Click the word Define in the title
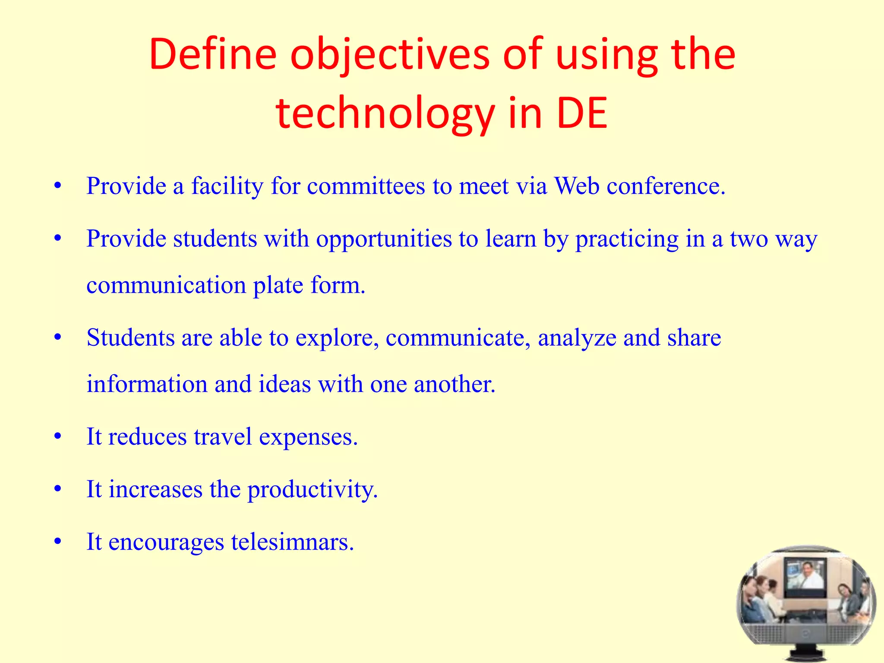click(x=213, y=55)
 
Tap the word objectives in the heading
click(x=390, y=55)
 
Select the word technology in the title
click(x=385, y=114)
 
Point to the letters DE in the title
click(x=582, y=114)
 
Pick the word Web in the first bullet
click(x=577, y=186)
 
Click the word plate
click(x=278, y=285)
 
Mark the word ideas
click(x=284, y=384)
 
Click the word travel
click(x=223, y=437)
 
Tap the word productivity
click(x=313, y=489)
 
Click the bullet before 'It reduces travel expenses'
click(x=58, y=437)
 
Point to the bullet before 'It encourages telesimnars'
click(x=58, y=542)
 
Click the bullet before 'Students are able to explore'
click(x=58, y=338)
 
